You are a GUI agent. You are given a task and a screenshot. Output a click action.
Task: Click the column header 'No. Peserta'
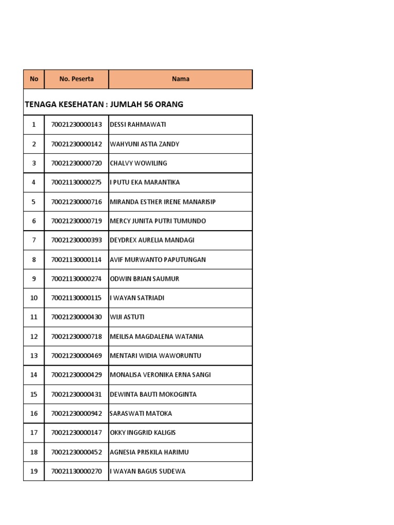(76, 79)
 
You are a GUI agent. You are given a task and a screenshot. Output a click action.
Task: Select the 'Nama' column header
(181, 79)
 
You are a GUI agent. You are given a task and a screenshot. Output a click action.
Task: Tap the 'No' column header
(34, 79)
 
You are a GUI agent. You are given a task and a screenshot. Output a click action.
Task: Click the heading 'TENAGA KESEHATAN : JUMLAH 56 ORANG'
(104, 105)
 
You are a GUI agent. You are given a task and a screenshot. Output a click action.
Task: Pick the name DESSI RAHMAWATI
(138, 125)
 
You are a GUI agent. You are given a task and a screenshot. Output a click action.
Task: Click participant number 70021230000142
(76, 144)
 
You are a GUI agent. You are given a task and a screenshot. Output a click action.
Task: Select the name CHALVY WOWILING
(139, 163)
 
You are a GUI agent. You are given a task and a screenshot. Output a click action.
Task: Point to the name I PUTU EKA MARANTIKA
(145, 183)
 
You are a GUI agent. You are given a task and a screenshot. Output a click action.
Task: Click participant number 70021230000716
(76, 202)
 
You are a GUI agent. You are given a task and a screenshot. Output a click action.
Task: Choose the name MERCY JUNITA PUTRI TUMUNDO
(158, 221)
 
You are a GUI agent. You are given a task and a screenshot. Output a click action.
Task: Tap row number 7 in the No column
(34, 240)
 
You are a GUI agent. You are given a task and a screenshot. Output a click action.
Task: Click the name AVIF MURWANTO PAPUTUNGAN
(158, 259)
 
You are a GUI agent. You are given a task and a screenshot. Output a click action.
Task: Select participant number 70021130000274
(76, 279)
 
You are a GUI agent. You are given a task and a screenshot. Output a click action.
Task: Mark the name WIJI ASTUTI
(127, 317)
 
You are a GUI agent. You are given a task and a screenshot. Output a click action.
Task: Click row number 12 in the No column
(34, 337)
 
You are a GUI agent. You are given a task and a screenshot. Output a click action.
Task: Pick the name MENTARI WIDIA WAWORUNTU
(155, 356)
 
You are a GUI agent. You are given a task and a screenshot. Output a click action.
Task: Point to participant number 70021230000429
(76, 375)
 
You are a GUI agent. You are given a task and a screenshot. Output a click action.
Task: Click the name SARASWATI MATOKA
(141, 413)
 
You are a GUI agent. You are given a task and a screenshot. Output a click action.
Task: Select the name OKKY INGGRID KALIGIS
(143, 433)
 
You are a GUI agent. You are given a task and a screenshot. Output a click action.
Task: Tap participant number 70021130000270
(76, 471)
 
